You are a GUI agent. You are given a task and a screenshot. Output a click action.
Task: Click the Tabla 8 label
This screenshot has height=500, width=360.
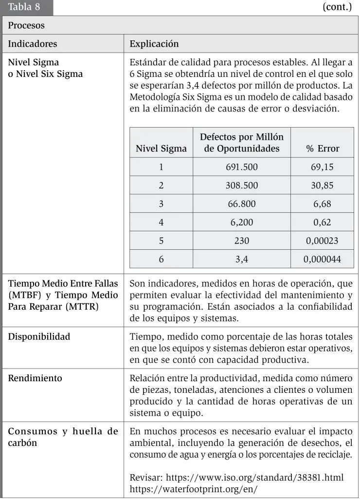click(24, 7)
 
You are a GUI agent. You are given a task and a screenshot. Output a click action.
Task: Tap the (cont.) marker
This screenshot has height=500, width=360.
click(337, 7)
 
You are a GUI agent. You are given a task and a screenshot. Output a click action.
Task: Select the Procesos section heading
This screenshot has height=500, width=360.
click(26, 25)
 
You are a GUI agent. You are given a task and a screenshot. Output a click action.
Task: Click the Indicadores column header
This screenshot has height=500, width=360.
click(32, 44)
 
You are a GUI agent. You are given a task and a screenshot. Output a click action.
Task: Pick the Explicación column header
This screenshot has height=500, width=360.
click(154, 44)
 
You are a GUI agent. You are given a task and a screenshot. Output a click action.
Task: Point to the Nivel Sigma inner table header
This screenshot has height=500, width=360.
click(161, 148)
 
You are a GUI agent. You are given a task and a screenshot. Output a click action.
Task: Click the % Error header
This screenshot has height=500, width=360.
click(323, 148)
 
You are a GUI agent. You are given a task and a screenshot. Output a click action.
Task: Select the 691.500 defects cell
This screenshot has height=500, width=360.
click(242, 167)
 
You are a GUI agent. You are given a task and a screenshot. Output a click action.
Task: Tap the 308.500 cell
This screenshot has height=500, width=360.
click(242, 185)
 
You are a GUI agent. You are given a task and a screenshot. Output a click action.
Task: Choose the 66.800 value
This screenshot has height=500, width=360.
click(242, 204)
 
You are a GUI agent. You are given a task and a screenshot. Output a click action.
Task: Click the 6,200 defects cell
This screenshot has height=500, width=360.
click(242, 222)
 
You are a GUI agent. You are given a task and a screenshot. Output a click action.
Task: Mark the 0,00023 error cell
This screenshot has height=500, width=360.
click(322, 241)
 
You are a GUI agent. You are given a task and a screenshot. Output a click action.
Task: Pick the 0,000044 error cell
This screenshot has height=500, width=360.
click(322, 259)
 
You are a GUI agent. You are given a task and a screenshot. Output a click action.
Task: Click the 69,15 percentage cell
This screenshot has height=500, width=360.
click(322, 167)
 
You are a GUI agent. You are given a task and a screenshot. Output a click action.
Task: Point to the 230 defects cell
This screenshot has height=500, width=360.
click(242, 241)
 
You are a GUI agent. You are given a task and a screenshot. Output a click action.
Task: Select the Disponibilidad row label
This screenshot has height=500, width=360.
click(39, 336)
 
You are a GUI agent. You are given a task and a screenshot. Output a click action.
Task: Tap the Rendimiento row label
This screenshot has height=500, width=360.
click(35, 378)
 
